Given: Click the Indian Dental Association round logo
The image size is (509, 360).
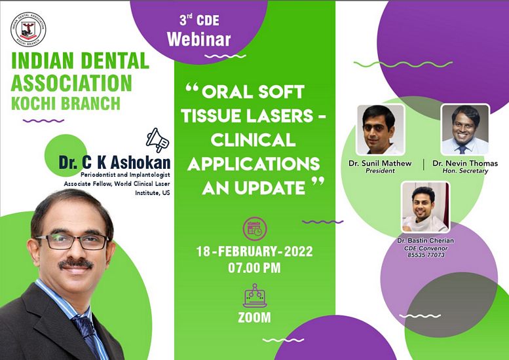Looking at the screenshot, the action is pyautogui.click(x=28, y=29).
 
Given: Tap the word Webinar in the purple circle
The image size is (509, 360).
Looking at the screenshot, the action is pyautogui.click(x=198, y=39).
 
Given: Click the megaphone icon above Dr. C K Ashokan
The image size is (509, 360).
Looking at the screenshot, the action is pyautogui.click(x=157, y=140).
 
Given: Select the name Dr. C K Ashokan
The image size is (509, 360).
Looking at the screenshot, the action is pyautogui.click(x=115, y=162).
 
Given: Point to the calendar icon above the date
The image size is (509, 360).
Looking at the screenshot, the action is pyautogui.click(x=255, y=228).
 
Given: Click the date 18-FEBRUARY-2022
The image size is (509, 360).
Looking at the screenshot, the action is pyautogui.click(x=254, y=251).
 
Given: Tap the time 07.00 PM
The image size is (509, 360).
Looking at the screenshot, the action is pyautogui.click(x=254, y=268).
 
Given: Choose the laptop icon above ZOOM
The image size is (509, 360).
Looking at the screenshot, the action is pyautogui.click(x=255, y=295).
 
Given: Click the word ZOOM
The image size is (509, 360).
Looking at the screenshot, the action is pyautogui.click(x=254, y=317).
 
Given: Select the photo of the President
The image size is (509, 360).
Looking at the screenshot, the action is pyautogui.click(x=380, y=130).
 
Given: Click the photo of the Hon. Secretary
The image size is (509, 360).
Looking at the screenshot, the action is pyautogui.click(x=465, y=130).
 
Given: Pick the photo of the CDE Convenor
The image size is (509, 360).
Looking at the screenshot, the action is pyautogui.click(x=426, y=207).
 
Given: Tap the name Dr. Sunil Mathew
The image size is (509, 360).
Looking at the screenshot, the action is pyautogui.click(x=380, y=163).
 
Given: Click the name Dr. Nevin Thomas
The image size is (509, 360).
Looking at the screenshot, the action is pyautogui.click(x=465, y=163).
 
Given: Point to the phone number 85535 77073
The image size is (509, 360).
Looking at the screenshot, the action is pyautogui.click(x=426, y=255).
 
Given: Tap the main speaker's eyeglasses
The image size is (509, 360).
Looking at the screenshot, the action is pyautogui.click(x=72, y=242).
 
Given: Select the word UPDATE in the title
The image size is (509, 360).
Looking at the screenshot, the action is pyautogui.click(x=269, y=188).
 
